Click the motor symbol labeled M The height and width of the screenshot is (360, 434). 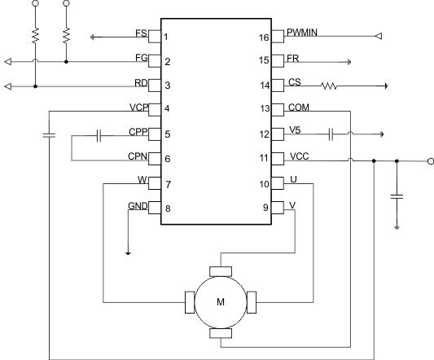coord(221,301)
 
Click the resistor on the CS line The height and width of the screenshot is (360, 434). coord(335,85)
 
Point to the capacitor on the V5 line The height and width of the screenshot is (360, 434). coord(332,133)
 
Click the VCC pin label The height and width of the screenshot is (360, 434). coord(297,155)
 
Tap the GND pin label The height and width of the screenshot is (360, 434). coord(138,206)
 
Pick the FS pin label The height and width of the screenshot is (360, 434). coord(141,34)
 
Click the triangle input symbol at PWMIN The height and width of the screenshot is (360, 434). coord(377,36)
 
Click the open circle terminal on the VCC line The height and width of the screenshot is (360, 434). coord(430,161)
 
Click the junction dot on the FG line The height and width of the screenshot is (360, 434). coord(66,61)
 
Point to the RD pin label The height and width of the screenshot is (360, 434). coord(140,82)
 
